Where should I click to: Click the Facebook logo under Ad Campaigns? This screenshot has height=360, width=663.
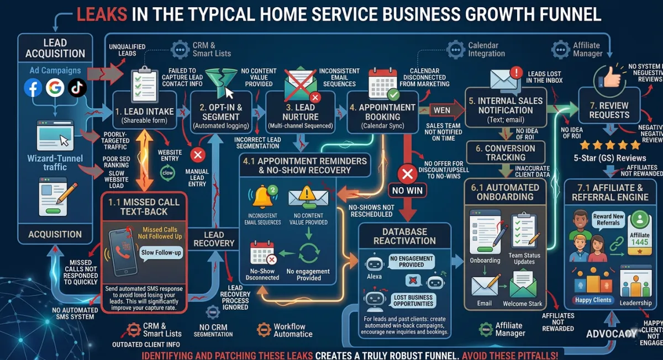click(34, 88)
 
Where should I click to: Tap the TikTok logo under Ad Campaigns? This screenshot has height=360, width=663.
click(77, 88)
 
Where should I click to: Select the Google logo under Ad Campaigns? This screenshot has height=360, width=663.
click(55, 88)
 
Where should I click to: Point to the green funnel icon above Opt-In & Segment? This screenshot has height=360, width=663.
click(219, 81)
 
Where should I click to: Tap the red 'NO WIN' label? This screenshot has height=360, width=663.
click(407, 190)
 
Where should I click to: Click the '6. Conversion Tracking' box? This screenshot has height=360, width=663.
click(506, 152)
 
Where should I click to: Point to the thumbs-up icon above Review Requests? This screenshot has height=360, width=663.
click(607, 78)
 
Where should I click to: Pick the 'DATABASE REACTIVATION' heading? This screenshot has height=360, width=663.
click(400, 236)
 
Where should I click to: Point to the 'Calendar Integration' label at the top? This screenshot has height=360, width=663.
click(486, 49)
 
